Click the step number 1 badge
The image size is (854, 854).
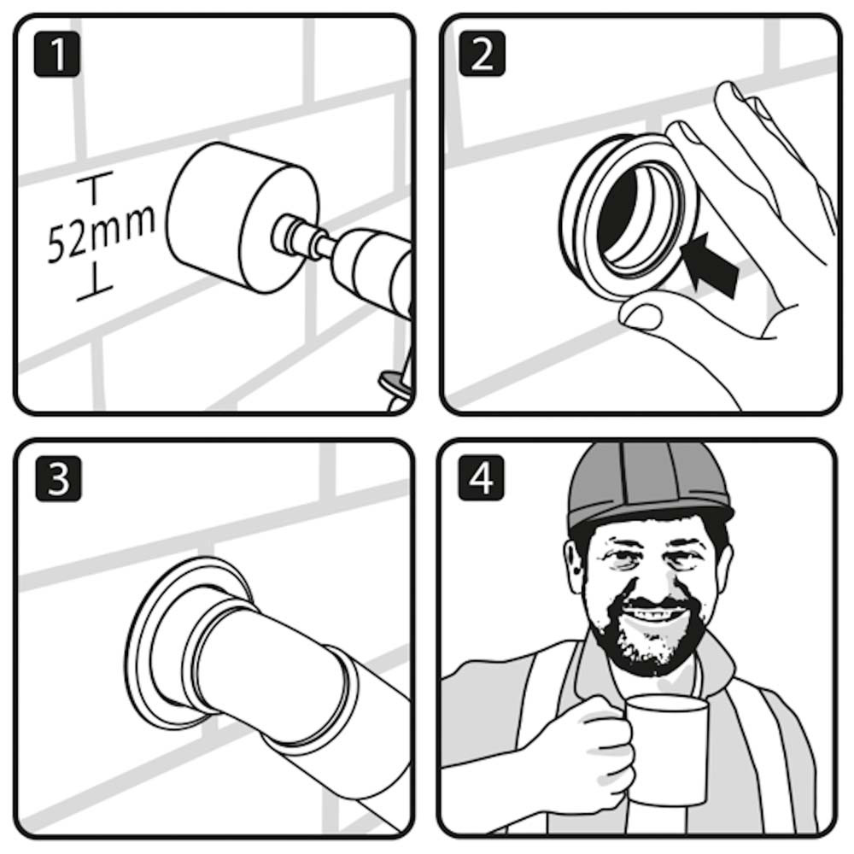[56, 55]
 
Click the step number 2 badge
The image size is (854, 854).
[482, 53]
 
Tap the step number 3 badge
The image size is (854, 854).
[58, 478]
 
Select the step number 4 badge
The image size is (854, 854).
[481, 477]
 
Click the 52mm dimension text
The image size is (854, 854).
[101, 232]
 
